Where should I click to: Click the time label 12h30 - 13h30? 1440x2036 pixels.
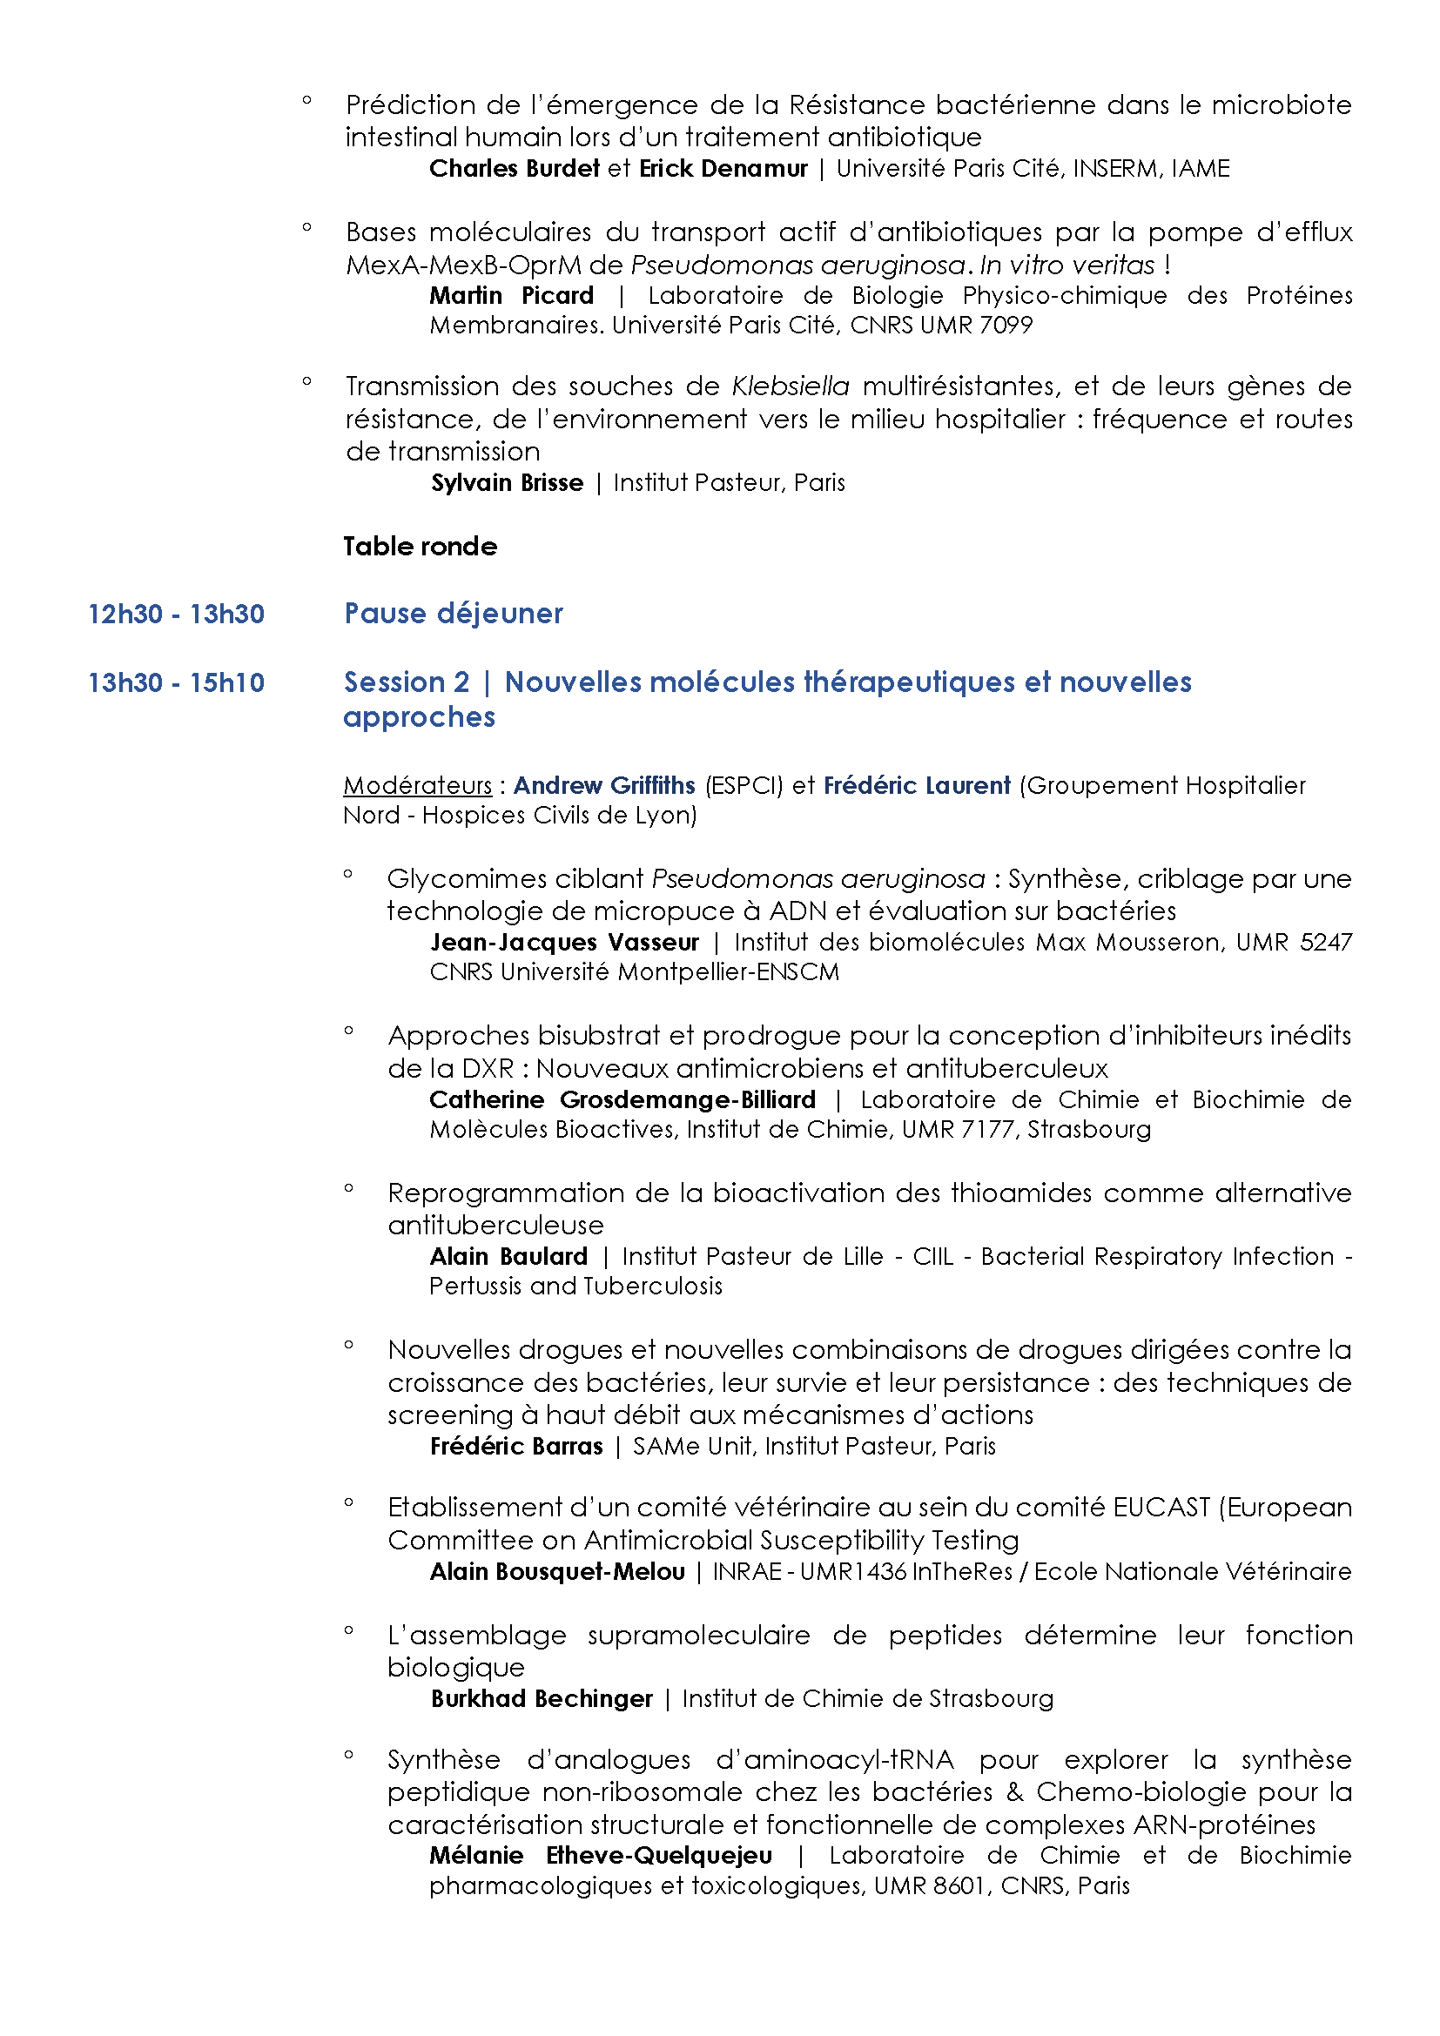tap(176, 614)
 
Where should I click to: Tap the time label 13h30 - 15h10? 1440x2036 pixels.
tap(176, 682)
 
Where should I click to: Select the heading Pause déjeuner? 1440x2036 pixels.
tap(453, 613)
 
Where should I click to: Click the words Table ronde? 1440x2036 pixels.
tap(421, 547)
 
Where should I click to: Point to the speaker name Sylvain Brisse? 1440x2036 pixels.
tap(508, 482)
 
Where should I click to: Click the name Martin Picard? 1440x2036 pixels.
tap(512, 295)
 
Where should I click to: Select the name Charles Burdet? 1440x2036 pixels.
tap(515, 169)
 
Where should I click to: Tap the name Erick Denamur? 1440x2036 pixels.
tap(723, 169)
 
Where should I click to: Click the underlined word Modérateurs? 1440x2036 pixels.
tap(418, 786)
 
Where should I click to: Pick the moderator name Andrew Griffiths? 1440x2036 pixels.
tap(604, 786)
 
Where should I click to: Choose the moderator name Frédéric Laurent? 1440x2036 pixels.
tap(917, 786)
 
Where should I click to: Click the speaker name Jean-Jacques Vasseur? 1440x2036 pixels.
tap(565, 942)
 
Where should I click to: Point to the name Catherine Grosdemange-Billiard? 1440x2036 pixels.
tap(622, 1099)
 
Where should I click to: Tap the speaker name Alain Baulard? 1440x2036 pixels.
tap(509, 1257)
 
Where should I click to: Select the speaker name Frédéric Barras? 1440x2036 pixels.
tap(516, 1447)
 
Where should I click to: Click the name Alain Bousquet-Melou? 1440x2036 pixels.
tap(558, 1572)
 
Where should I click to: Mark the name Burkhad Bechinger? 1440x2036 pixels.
tap(542, 1699)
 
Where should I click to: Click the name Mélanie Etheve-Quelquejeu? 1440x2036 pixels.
tap(602, 1856)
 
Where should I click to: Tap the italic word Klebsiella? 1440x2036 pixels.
tap(790, 386)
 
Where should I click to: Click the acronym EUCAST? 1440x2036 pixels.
tap(1161, 1508)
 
